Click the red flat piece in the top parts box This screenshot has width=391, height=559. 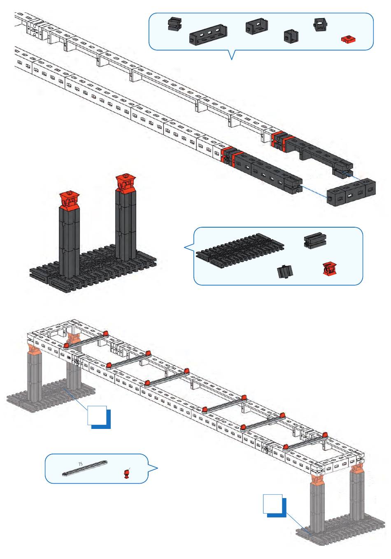click(348, 40)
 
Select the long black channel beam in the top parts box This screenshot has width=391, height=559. click(208, 35)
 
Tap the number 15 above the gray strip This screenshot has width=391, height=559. click(80, 464)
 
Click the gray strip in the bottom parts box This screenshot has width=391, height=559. click(85, 468)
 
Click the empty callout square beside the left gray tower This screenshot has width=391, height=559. click(97, 415)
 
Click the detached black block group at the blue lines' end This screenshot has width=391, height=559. click(351, 192)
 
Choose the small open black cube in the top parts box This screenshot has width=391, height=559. click(291, 36)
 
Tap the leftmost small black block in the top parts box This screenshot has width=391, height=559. click(175, 24)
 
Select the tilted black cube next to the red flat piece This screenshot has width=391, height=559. click(320, 24)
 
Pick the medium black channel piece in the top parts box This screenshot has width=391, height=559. click(257, 26)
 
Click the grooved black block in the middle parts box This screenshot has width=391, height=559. click(315, 240)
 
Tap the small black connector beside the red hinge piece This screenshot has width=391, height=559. click(285, 271)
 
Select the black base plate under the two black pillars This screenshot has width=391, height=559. click(93, 268)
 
